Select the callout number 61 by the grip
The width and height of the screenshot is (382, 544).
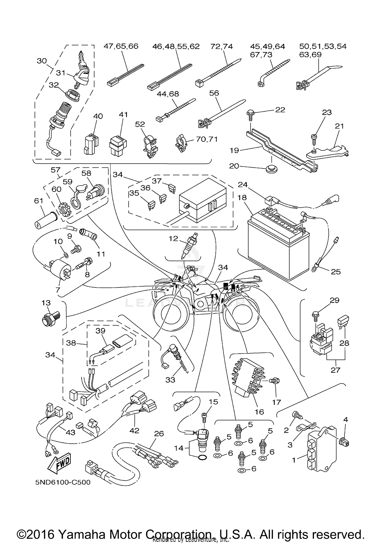39,201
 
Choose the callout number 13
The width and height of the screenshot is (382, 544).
46,303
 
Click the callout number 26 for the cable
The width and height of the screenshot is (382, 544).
159,433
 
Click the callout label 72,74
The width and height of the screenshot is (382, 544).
222,46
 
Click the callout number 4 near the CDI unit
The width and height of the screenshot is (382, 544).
345,419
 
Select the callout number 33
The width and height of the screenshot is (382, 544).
170,387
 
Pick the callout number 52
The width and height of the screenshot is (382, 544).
140,124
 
